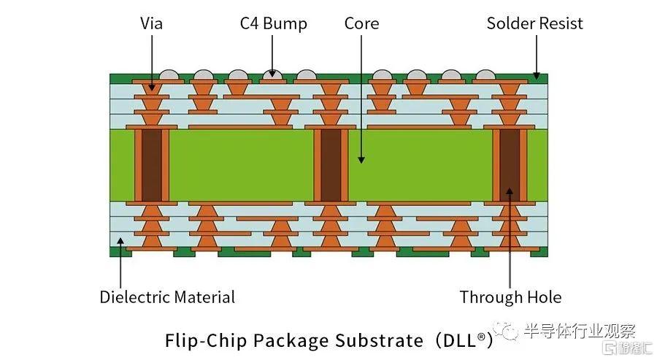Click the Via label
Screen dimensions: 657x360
click(151, 23)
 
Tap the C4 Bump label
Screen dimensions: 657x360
click(273, 24)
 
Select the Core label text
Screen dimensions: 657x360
click(361, 23)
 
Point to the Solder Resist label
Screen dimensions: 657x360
click(534, 23)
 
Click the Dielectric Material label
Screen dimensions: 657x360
click(167, 297)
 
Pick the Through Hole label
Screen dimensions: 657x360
click(511, 297)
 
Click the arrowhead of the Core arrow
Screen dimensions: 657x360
click(361, 160)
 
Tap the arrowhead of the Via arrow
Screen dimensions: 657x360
click(152, 88)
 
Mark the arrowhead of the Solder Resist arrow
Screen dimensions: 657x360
click(537, 75)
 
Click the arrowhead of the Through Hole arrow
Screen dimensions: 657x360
click(510, 191)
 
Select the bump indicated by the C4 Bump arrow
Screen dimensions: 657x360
click(272, 74)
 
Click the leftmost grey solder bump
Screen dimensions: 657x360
click(169, 74)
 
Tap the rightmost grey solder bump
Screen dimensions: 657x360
click(485, 74)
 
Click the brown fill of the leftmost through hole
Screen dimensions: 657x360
click(152, 166)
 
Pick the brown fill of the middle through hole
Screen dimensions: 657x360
click(331, 166)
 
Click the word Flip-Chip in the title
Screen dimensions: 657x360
click(206, 340)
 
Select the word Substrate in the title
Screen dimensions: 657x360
click(380, 340)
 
